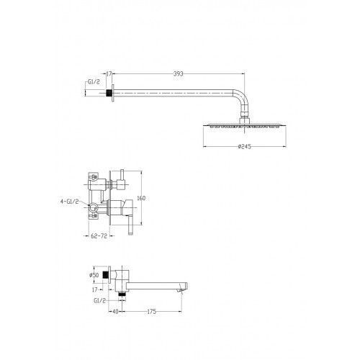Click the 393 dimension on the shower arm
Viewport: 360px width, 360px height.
178,74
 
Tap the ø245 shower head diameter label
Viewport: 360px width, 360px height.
245,146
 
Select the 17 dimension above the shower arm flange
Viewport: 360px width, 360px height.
109,74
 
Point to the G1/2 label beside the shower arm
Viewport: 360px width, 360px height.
94,82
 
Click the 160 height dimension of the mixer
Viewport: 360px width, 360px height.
141,198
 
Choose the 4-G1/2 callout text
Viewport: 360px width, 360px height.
69,202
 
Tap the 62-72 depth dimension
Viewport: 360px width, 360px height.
99,236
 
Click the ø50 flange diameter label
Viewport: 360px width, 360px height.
94,275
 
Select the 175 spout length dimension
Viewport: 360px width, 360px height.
152,312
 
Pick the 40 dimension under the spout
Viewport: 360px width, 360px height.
115,312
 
